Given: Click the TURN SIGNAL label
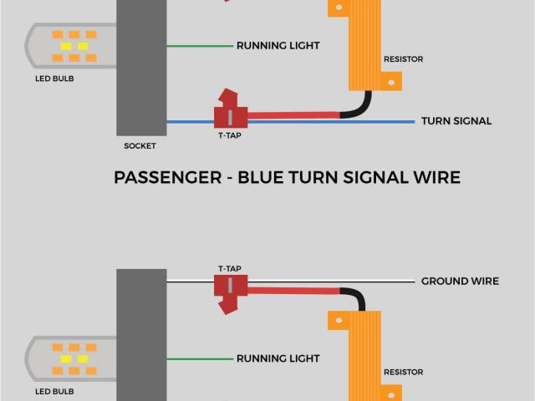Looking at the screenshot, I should click(456, 121).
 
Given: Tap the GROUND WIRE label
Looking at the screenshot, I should click(460, 282).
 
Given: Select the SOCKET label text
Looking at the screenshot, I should click(140, 145).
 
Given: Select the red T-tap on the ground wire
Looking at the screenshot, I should click(227, 289).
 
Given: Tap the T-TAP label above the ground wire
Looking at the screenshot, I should click(230, 269).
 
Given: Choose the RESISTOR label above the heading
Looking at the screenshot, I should click(403, 59).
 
